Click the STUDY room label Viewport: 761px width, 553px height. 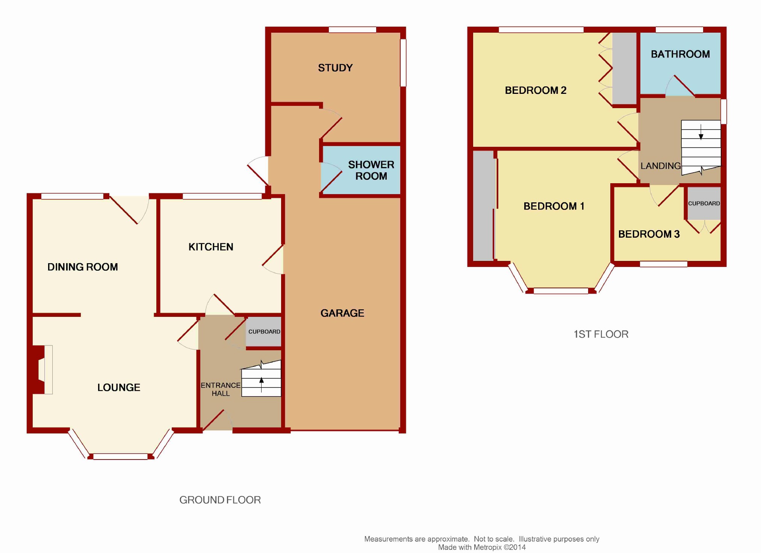point(335,68)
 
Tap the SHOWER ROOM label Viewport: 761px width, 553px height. point(371,170)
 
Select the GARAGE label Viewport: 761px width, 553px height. point(342,313)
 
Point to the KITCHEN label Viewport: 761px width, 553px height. point(211,247)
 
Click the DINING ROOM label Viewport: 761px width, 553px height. point(83,267)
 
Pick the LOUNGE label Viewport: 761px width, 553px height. point(119,387)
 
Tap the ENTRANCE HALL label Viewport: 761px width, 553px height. point(221,389)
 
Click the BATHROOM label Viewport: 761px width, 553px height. point(680,54)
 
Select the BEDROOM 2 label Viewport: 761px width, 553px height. point(536,90)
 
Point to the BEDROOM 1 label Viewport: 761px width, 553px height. point(554,206)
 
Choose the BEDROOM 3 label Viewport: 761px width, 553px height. point(649,234)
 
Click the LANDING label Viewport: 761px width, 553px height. point(661,166)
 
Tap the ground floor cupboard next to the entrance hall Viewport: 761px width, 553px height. point(264,332)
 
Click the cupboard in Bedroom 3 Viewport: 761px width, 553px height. point(704,203)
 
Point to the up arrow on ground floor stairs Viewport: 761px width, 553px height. point(262,384)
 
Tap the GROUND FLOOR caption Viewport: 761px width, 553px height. point(220,500)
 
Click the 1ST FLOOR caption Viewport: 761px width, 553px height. point(601,334)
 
